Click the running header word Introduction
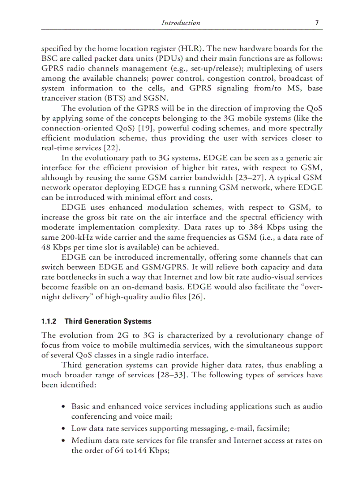tap(181, 23)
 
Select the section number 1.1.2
tap(50, 321)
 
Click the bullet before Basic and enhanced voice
tap(65, 407)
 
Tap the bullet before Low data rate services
tap(65, 428)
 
